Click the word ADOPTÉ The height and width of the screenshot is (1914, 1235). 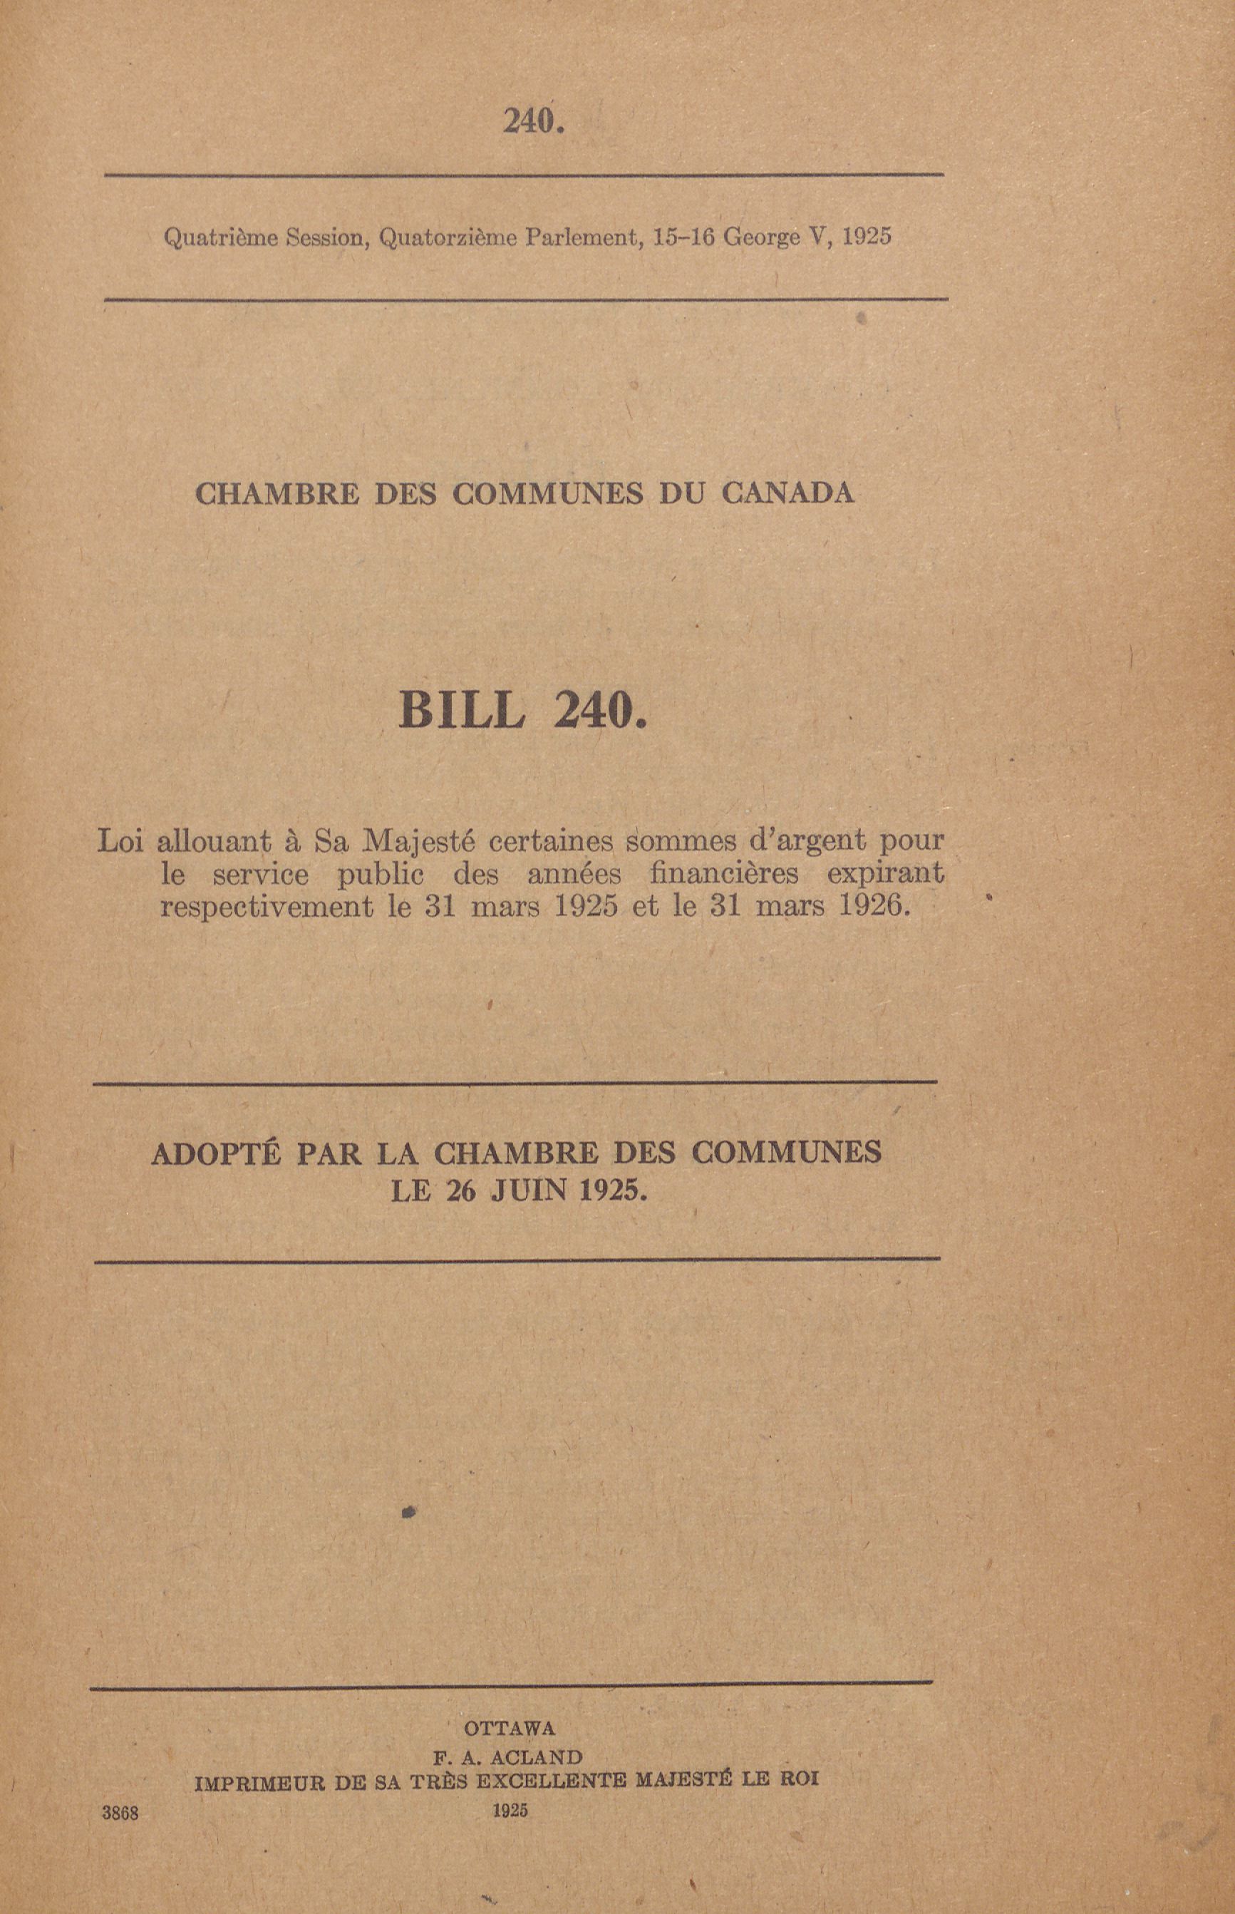coord(216,1153)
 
